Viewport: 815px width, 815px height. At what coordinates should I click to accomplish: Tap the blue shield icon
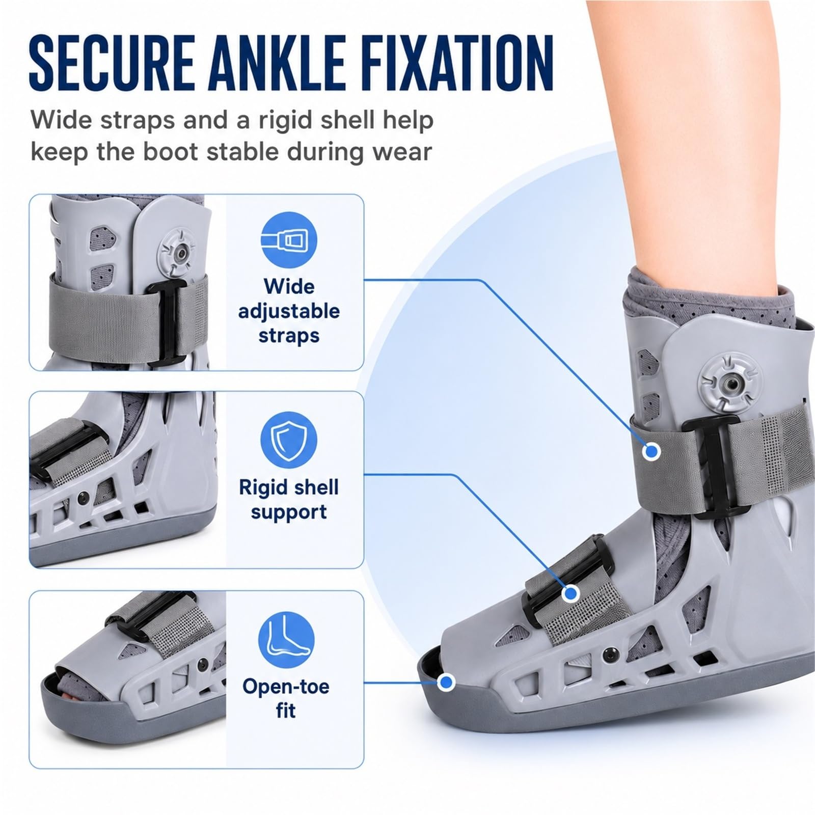coord(289,440)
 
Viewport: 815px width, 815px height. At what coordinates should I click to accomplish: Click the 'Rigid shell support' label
coord(289,499)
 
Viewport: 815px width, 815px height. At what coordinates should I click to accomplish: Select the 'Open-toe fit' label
coord(286,698)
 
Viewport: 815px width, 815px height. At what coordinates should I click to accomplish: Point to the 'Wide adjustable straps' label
coord(289,311)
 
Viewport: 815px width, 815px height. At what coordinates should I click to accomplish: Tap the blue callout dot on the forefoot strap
coord(572,593)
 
